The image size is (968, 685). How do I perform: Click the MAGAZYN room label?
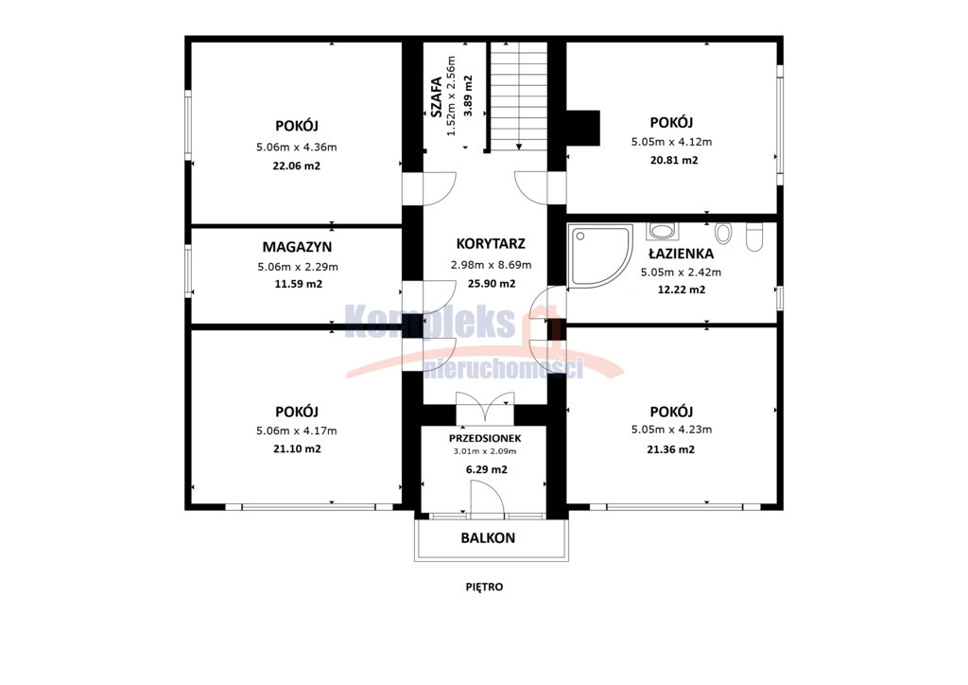[x=297, y=246]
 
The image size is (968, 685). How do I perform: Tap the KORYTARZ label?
[x=491, y=243]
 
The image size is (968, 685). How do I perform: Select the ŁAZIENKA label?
[x=681, y=254]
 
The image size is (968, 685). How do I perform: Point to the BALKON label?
[x=488, y=538]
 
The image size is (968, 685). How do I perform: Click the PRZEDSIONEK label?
[x=485, y=439]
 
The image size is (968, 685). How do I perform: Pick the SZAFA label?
[x=436, y=97]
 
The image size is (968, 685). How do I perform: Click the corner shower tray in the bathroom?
[x=600, y=255]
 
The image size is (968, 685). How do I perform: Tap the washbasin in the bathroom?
[x=663, y=231]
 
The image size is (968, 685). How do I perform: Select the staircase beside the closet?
[x=519, y=96]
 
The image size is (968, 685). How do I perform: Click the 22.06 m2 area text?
[x=296, y=166]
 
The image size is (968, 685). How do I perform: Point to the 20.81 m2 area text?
[x=674, y=160]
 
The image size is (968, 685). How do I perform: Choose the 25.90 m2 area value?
[x=492, y=284]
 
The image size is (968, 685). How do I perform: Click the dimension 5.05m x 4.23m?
[x=671, y=430]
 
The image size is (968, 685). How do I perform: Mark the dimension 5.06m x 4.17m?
[x=296, y=430]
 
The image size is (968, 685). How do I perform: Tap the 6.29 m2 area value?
[x=487, y=469]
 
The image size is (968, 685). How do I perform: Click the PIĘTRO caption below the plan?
[x=484, y=587]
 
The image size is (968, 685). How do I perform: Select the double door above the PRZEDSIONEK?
[x=485, y=407]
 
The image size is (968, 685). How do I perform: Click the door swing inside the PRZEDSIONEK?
[x=488, y=499]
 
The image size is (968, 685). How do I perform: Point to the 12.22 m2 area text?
[x=682, y=290]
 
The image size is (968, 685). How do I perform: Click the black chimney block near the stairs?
[x=582, y=128]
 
